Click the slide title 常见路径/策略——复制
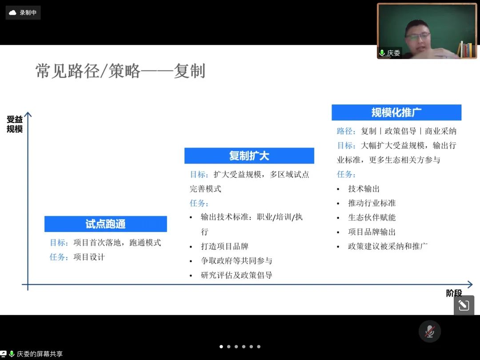120,71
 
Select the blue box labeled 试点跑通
106,224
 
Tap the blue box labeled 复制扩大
249,156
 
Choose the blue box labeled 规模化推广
396,112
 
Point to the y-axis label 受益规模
14,124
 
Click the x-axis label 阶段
454,293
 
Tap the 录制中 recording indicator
23,12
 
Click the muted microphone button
429,331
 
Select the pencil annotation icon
464,305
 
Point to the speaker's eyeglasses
418,37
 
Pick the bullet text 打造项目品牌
225,246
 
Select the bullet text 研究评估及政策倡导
236,275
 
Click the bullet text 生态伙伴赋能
372,217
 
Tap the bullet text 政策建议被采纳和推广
388,246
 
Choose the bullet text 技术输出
364,188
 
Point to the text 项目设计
89,257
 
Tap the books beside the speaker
465,50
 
